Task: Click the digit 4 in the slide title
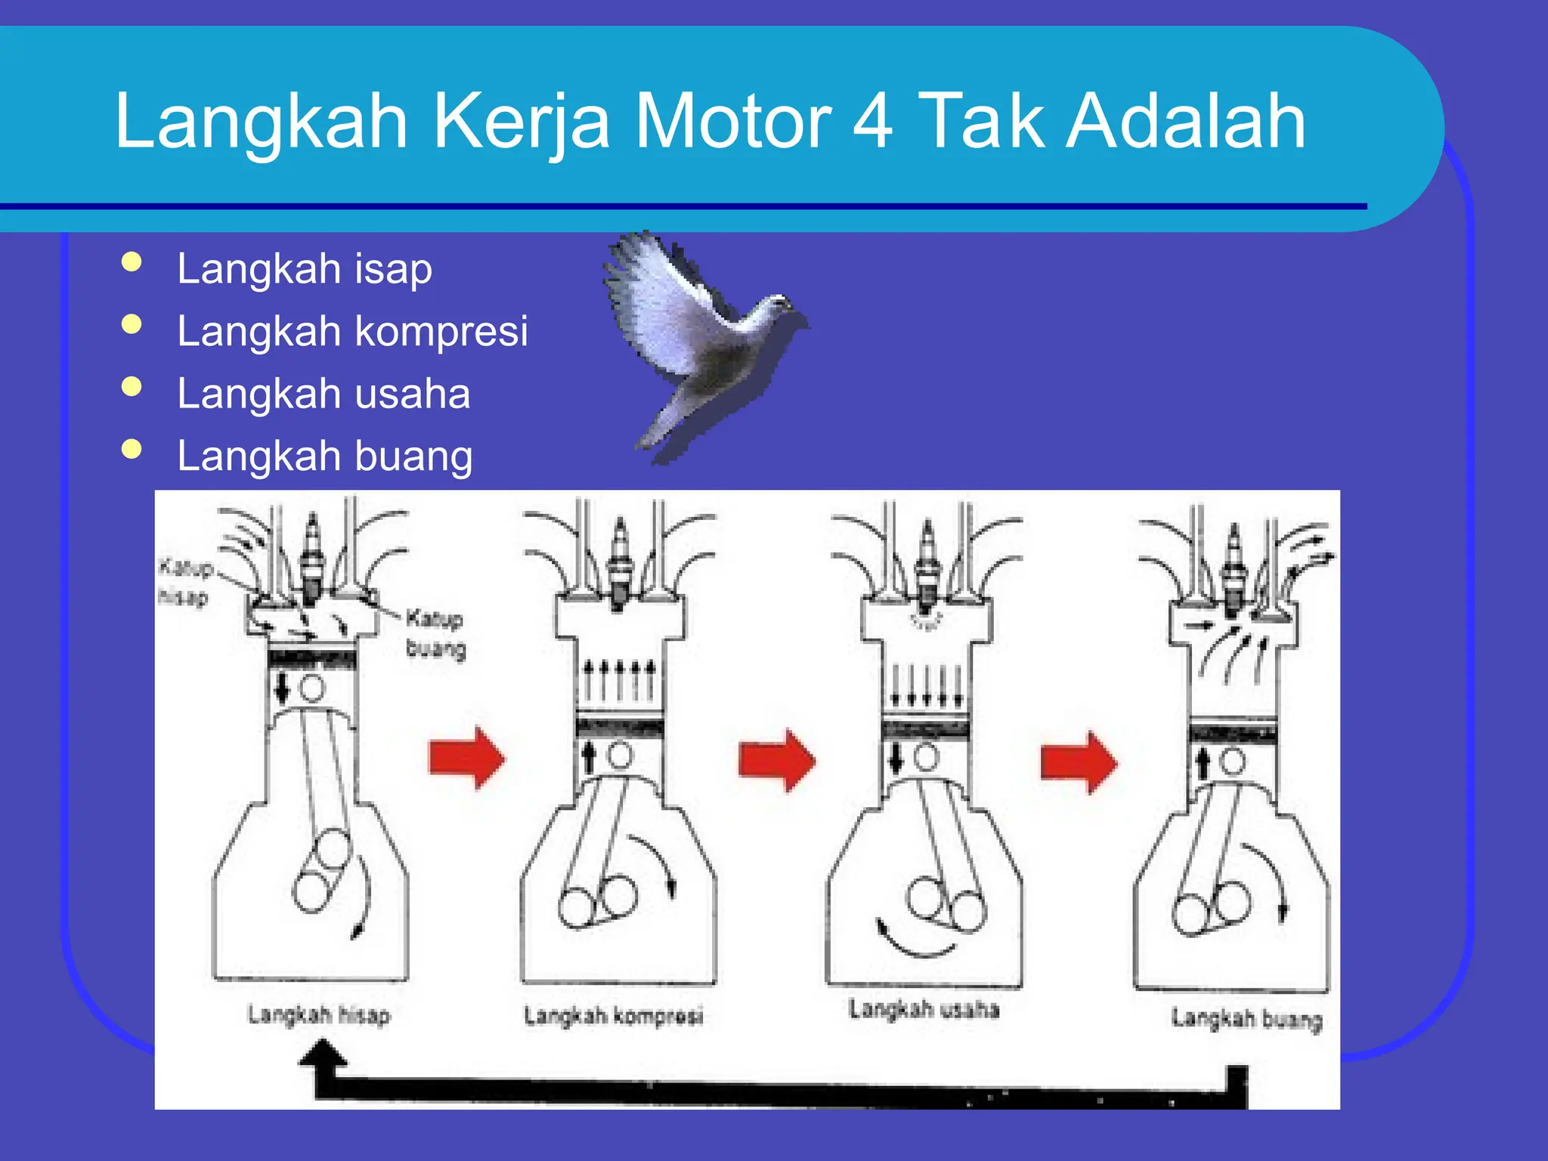coord(873,121)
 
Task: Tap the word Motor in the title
coord(732,121)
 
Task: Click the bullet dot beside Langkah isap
coord(132,262)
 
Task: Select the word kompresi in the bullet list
coord(441,332)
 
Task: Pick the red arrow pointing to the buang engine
coord(1078,761)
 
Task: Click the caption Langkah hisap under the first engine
coord(319,1014)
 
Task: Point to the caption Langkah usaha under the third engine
coord(924,1009)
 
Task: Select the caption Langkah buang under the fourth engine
coord(1246,1019)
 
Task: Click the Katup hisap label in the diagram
coord(184,582)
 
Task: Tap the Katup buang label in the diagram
coord(435,633)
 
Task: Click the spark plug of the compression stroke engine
coord(621,559)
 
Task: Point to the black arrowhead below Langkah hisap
coord(323,1054)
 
